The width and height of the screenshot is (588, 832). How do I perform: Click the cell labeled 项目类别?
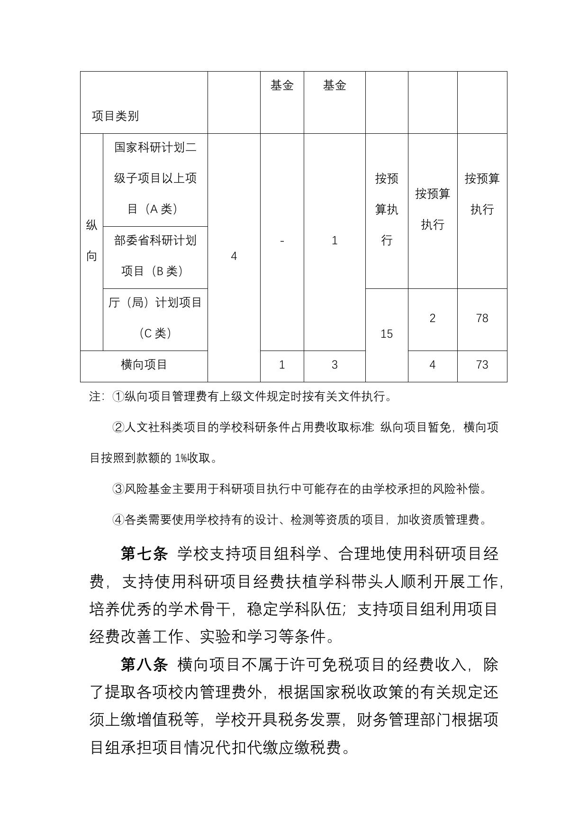click(x=115, y=116)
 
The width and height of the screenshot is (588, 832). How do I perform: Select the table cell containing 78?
click(x=482, y=318)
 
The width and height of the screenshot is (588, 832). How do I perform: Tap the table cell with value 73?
click(x=482, y=365)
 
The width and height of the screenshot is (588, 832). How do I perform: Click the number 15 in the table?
click(x=387, y=334)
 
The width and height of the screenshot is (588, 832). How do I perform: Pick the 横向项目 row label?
click(x=144, y=365)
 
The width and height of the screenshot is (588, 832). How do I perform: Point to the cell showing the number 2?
click(x=432, y=318)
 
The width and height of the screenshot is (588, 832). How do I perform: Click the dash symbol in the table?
click(x=282, y=241)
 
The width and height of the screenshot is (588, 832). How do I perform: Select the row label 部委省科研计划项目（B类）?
click(x=155, y=256)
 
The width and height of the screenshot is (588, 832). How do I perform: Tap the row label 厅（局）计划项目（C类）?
click(x=155, y=318)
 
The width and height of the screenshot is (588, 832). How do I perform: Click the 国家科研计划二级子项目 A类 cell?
click(x=155, y=178)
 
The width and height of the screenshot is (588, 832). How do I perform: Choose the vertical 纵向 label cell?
click(x=91, y=240)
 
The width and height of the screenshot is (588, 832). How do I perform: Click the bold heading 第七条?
click(x=144, y=554)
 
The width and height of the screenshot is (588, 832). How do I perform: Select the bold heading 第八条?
click(x=144, y=665)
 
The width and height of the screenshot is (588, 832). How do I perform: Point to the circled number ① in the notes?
click(x=118, y=397)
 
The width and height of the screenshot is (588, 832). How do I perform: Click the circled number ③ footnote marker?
click(x=118, y=489)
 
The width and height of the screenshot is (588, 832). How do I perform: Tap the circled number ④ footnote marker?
click(x=118, y=520)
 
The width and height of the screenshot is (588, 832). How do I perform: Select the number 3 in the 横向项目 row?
click(x=335, y=365)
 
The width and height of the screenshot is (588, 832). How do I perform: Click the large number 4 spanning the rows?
click(x=234, y=257)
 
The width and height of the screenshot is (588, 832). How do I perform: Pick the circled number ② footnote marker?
click(x=118, y=427)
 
